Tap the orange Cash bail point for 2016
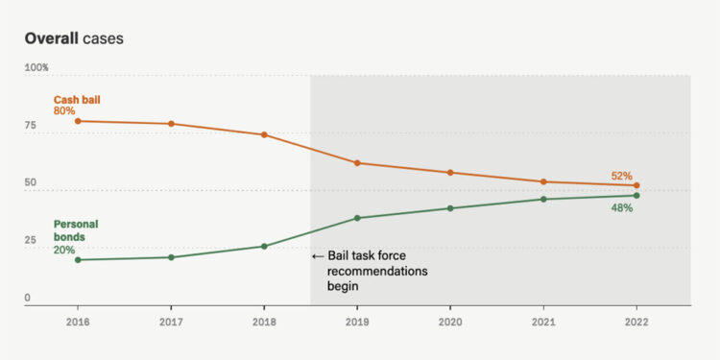[78, 121]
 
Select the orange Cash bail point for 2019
[357, 163]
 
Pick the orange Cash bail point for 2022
[636, 185]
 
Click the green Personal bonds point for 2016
[78, 259]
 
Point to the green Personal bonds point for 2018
[264, 246]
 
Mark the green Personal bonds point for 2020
[450, 208]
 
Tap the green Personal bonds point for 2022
[636, 196]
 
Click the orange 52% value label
[621, 176]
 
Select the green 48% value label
[621, 208]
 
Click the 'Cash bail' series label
[76, 99]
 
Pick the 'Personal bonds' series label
[76, 230]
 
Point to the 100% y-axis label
[36, 68]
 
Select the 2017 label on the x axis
[171, 323]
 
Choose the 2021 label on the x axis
[543, 323]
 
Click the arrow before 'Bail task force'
[318, 256]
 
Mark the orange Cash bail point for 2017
[171, 124]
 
